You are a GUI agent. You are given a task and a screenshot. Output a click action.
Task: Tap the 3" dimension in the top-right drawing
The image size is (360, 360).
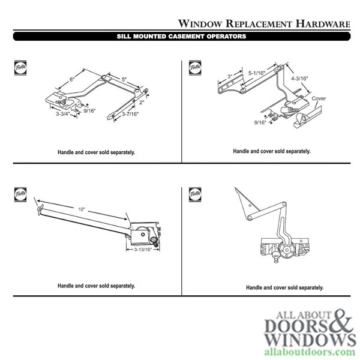pyautogui.click(x=230, y=76)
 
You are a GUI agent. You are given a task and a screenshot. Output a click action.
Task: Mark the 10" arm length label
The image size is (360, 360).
pyautogui.click(x=81, y=209)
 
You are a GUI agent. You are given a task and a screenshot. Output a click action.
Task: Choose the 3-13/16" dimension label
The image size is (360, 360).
pyautogui.click(x=145, y=249)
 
